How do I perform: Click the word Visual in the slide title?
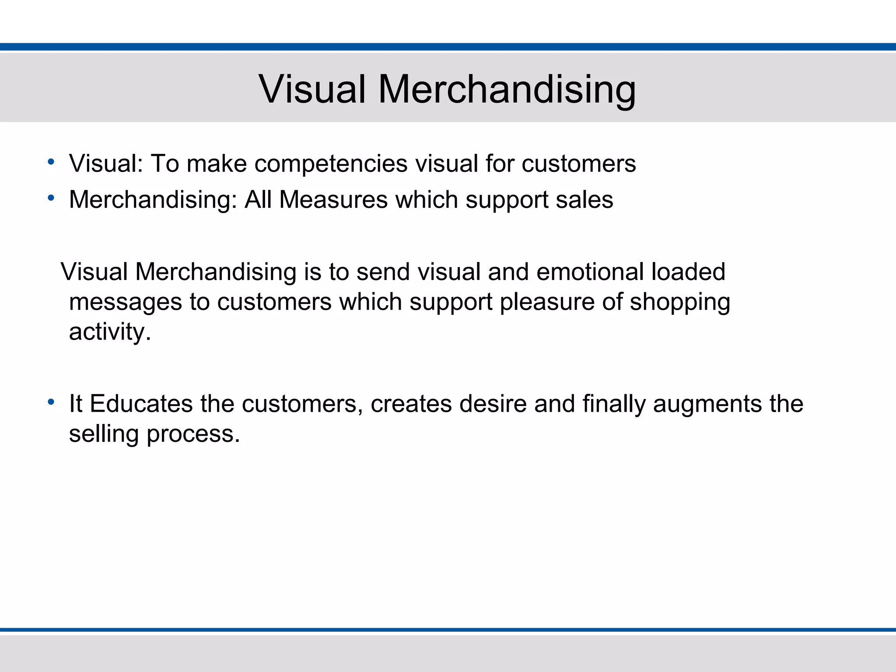(312, 89)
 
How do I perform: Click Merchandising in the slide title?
(507, 89)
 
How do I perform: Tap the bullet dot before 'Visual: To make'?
(51, 162)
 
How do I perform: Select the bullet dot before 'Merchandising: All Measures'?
(51, 199)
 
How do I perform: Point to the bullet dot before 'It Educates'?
(51, 402)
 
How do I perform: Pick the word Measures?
(333, 200)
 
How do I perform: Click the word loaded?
(688, 272)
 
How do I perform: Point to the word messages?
(126, 302)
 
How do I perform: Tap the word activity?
(109, 332)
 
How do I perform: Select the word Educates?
(141, 404)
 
